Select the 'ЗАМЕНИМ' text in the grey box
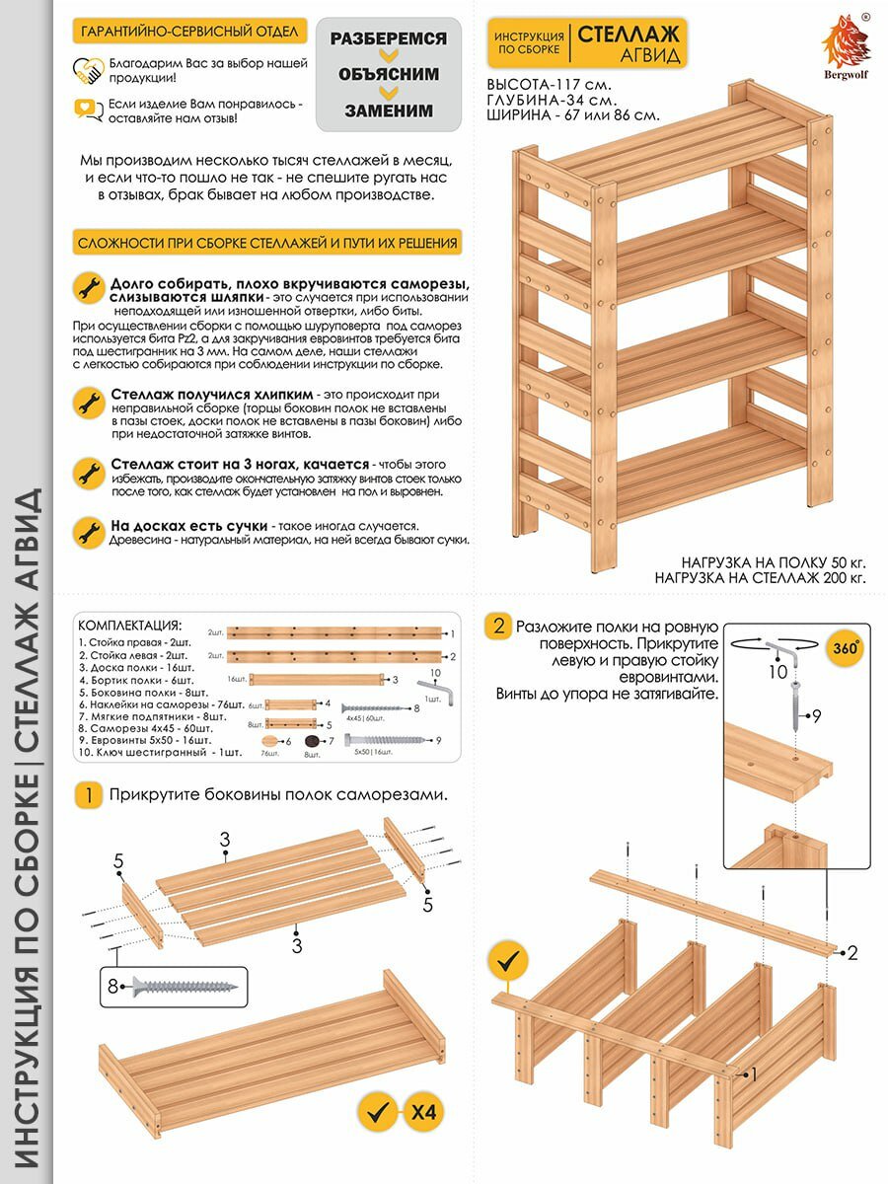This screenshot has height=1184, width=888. click(x=389, y=111)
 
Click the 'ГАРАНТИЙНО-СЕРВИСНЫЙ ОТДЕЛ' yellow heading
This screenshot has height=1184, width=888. click(x=189, y=32)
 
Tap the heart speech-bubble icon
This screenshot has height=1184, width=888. click(x=89, y=110)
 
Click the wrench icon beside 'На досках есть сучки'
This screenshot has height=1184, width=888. click(x=89, y=533)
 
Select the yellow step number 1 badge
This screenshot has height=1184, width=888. click(x=89, y=796)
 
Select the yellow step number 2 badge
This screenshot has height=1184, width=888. click(x=499, y=626)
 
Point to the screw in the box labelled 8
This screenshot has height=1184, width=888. click(x=185, y=985)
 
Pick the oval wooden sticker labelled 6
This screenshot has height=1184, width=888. click(x=272, y=742)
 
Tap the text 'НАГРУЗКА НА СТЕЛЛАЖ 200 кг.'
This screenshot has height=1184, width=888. click(x=760, y=577)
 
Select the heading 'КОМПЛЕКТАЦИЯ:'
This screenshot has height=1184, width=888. click(x=129, y=625)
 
